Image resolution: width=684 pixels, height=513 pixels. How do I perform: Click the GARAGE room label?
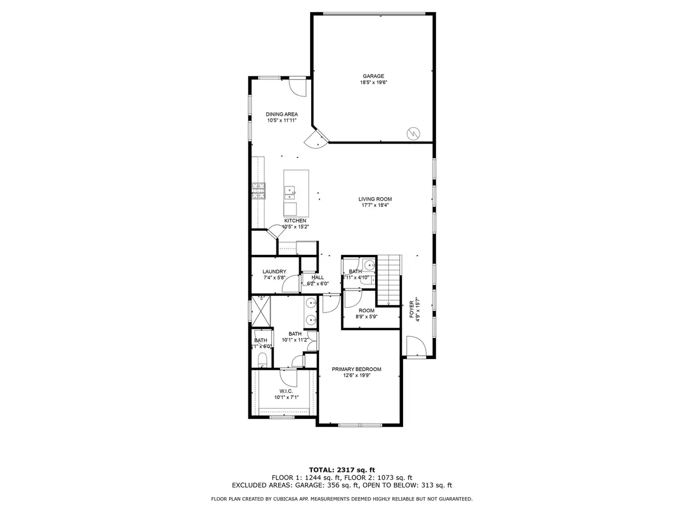[x=373, y=76]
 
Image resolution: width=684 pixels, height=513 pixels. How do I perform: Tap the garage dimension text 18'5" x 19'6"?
[x=373, y=83]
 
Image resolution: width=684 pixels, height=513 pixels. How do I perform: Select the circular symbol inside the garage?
[x=412, y=133]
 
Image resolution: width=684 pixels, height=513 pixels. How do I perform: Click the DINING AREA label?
[x=282, y=114]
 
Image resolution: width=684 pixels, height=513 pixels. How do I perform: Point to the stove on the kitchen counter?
[x=258, y=190]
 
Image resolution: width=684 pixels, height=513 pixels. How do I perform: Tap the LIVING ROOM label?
[x=375, y=199]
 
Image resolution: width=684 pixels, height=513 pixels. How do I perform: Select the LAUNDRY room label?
[x=274, y=271]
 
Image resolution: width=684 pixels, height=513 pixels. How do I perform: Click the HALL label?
[x=317, y=277]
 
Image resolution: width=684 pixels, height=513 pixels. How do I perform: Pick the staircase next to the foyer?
[x=390, y=280]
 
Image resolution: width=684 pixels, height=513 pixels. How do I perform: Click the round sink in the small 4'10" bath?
[x=369, y=264]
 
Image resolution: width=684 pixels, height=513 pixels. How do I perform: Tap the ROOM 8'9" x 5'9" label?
[x=367, y=311]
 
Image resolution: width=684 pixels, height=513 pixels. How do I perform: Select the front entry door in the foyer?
[x=414, y=347]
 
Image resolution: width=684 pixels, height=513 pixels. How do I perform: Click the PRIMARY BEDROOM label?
[x=357, y=369]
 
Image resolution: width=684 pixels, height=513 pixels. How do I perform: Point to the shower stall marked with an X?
[x=260, y=311]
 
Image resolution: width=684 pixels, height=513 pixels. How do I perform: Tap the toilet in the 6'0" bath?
[x=262, y=359]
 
